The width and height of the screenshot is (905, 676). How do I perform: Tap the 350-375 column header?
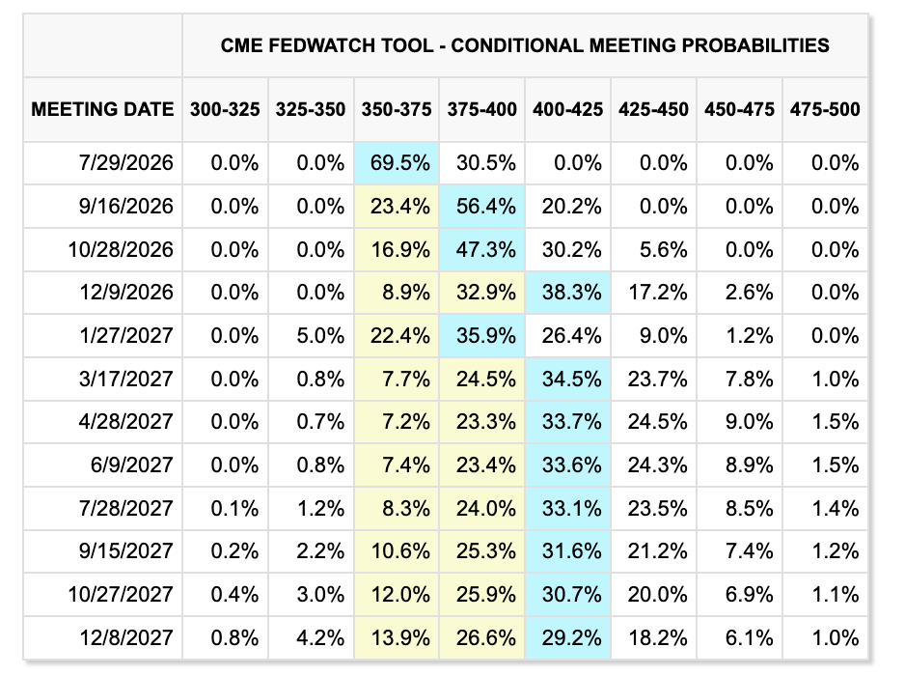pos(397,109)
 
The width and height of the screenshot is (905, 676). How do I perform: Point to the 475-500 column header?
pos(825,109)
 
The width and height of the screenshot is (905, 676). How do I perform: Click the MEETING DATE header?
pos(102,109)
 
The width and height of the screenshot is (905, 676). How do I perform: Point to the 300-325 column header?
pos(225,109)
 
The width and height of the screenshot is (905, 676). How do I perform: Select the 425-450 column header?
pos(653,109)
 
